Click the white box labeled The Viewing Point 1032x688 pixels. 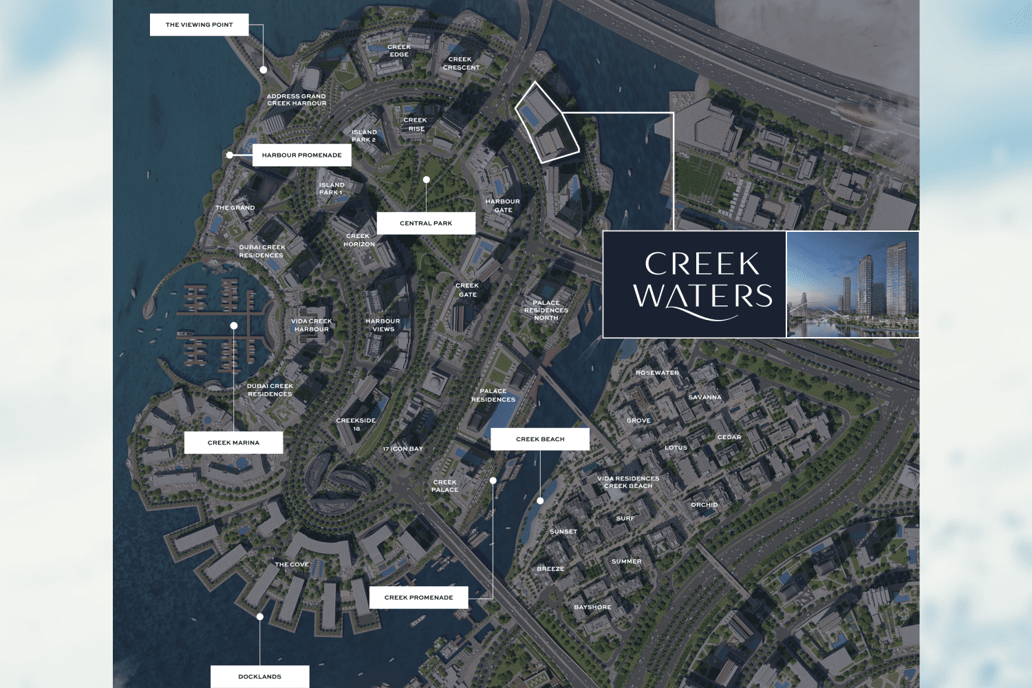[x=199, y=25]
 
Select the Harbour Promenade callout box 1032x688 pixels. [x=301, y=155]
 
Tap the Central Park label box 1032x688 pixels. [x=426, y=224]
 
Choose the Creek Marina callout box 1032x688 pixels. [x=233, y=443]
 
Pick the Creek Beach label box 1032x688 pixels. [x=540, y=439]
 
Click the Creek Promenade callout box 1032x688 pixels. [x=418, y=598]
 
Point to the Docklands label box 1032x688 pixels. [x=259, y=677]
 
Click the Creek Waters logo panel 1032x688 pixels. [x=694, y=284]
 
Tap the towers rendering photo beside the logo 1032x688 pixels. [x=852, y=284]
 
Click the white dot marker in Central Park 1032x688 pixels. [x=427, y=180]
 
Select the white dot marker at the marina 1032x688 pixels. [x=234, y=325]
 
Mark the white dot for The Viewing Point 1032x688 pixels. [x=264, y=70]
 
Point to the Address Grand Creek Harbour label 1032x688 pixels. [x=297, y=100]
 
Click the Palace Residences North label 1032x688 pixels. [x=546, y=310]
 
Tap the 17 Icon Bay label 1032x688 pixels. [x=403, y=449]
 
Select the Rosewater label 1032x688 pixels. [x=657, y=373]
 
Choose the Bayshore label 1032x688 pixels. [x=592, y=608]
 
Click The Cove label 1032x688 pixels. [x=292, y=565]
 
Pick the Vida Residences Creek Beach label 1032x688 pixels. [x=628, y=482]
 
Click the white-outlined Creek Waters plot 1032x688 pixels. [x=546, y=124]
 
